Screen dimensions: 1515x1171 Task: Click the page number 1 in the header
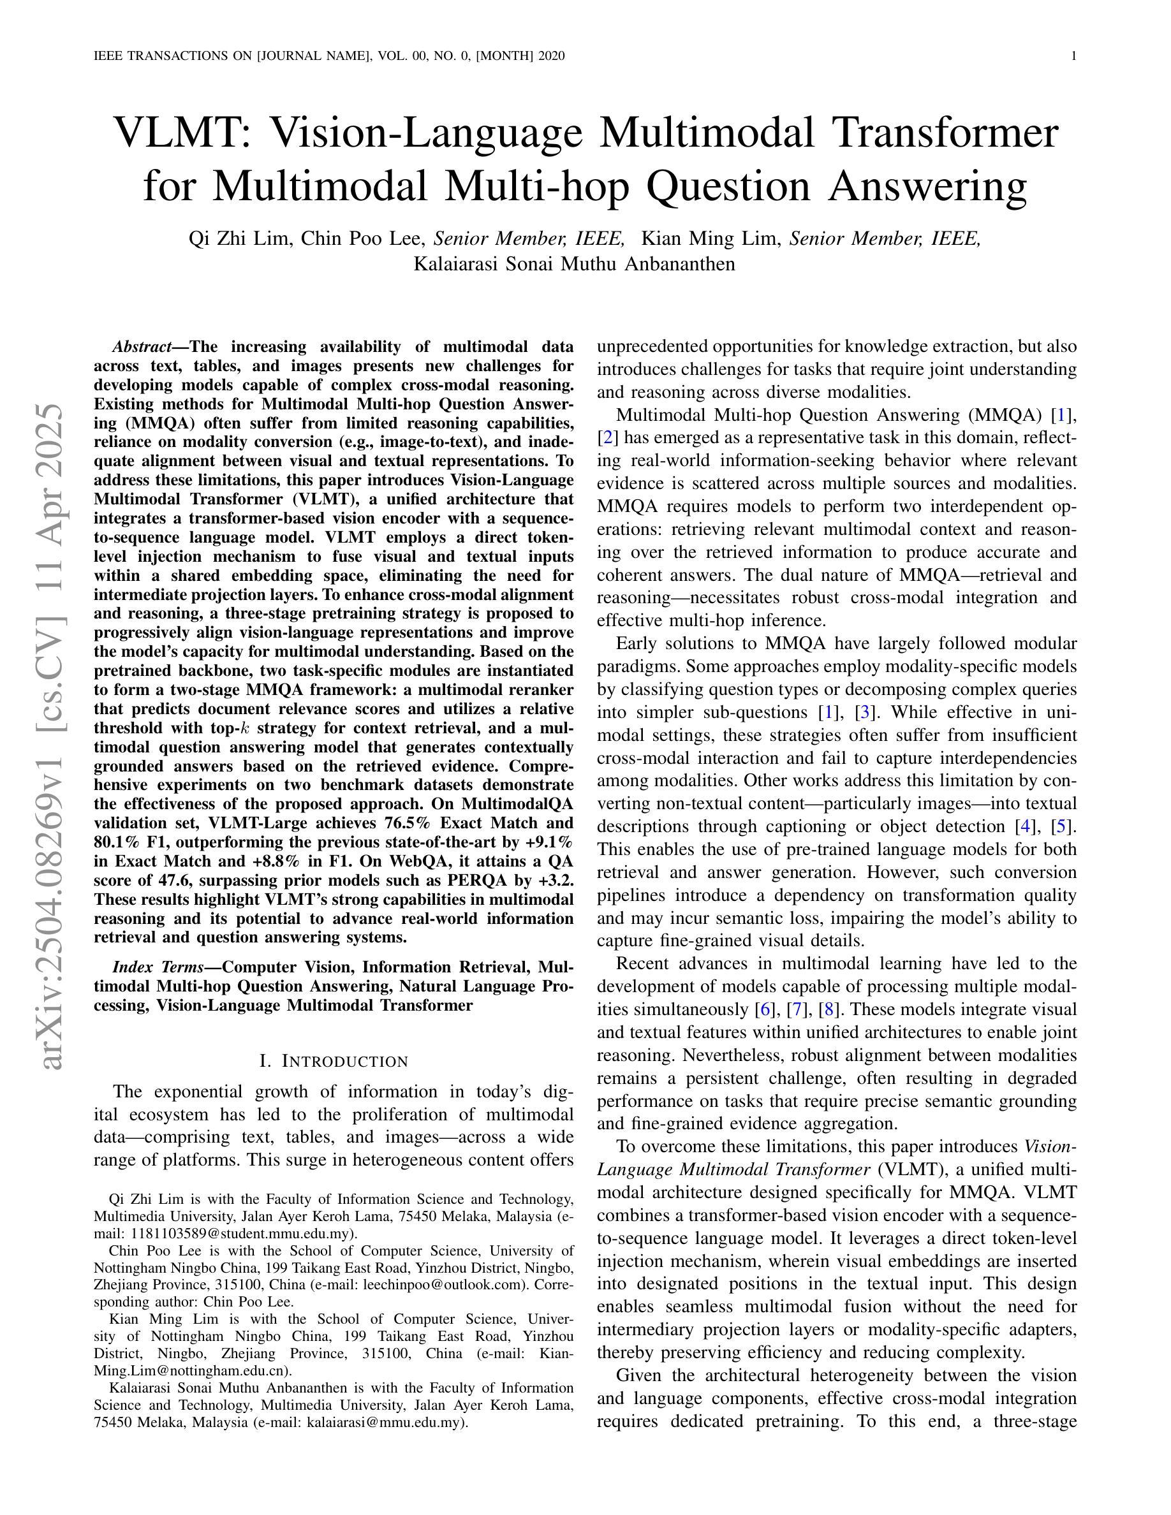(x=1074, y=56)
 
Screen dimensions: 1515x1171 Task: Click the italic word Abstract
(x=142, y=347)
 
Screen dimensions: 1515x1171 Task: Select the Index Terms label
(x=157, y=967)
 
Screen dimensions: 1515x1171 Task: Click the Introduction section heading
(x=333, y=1062)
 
